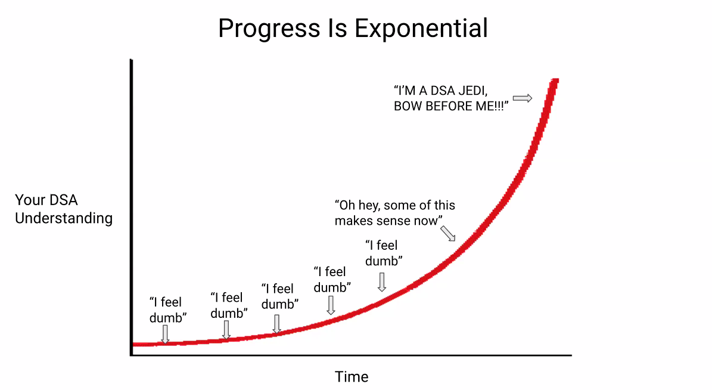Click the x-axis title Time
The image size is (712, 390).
coord(352,377)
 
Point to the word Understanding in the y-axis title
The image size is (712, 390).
coord(64,218)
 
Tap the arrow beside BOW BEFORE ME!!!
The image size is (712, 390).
coord(522,98)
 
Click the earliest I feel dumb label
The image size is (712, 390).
coord(166,310)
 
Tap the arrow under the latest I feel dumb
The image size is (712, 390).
coord(382,281)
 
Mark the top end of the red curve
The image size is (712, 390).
coord(555,81)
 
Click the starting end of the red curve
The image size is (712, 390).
coord(133,344)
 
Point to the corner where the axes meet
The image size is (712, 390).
coord(131,355)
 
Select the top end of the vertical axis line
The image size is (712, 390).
coord(131,60)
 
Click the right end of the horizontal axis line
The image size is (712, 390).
coord(571,355)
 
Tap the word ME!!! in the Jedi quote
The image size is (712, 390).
coord(488,107)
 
